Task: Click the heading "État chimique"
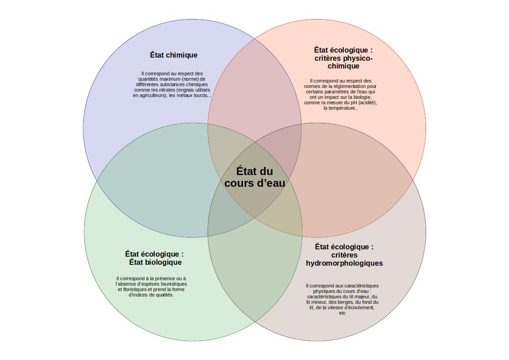pos(174,55)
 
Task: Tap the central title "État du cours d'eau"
pos(255,177)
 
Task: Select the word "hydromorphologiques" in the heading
pos(344,263)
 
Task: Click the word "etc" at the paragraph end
pos(342,313)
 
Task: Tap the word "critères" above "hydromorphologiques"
pos(344,255)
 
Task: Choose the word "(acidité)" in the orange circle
pos(367,102)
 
